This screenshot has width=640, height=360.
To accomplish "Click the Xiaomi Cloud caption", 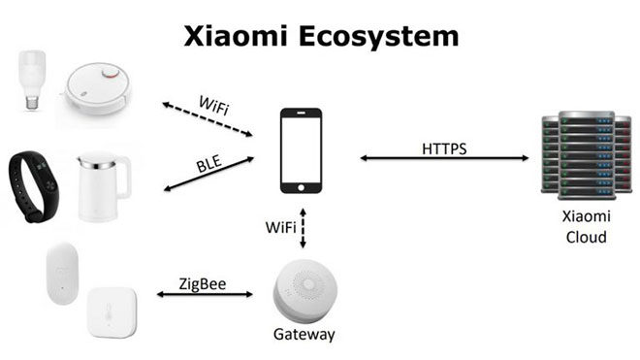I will (586, 228).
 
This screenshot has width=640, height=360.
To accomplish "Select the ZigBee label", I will (204, 283).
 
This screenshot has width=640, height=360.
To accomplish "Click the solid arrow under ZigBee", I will (204, 295).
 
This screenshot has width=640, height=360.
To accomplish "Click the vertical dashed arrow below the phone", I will (303, 227).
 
